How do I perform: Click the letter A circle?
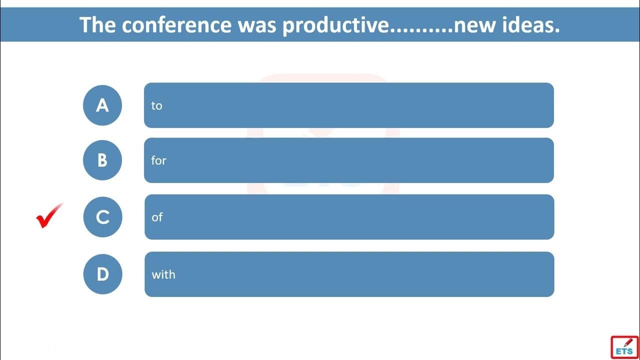pyautogui.click(x=102, y=105)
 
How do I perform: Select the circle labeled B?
pyautogui.click(x=102, y=160)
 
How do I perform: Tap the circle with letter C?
pyautogui.click(x=102, y=217)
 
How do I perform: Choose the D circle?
pyautogui.click(x=102, y=274)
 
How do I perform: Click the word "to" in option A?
pyautogui.click(x=156, y=105)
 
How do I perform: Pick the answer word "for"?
pyautogui.click(x=158, y=160)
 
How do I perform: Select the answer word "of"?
pyautogui.click(x=157, y=217)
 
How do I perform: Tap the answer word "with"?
pyautogui.click(x=163, y=274)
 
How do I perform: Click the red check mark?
pyautogui.click(x=49, y=216)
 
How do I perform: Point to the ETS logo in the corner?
pyautogui.click(x=624, y=347)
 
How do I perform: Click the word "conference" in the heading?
pyautogui.click(x=176, y=25)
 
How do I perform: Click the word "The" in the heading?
pyautogui.click(x=97, y=25)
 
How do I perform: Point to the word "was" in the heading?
pyautogui.click(x=257, y=26)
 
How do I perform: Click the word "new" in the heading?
pyautogui.click(x=475, y=26)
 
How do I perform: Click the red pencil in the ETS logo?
pyautogui.click(x=628, y=342)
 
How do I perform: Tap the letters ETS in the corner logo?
pyautogui.click(x=624, y=351)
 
